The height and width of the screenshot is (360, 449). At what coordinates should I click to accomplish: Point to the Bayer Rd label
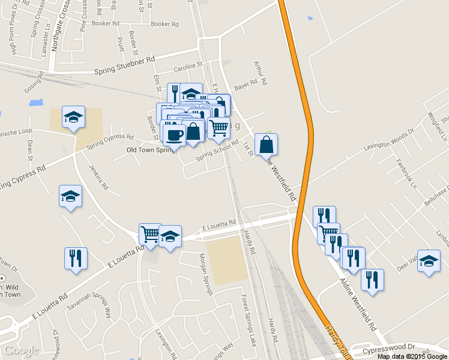click(246, 86)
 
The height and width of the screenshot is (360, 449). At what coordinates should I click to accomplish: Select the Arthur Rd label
click(260, 71)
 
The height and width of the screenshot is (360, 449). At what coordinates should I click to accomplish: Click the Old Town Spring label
click(150, 150)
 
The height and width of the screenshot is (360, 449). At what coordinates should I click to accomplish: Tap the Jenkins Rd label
click(98, 178)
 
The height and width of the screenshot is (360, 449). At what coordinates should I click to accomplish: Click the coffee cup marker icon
click(175, 134)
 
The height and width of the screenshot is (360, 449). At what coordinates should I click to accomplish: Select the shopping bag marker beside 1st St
click(267, 144)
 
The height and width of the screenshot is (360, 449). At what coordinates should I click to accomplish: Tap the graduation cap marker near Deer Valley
click(429, 261)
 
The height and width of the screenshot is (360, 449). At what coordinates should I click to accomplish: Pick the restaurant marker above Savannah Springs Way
click(76, 258)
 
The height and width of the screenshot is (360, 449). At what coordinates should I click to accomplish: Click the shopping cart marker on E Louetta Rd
click(150, 233)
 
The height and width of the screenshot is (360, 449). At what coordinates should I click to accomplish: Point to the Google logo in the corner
click(21, 350)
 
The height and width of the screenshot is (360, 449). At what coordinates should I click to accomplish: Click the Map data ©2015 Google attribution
click(412, 356)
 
